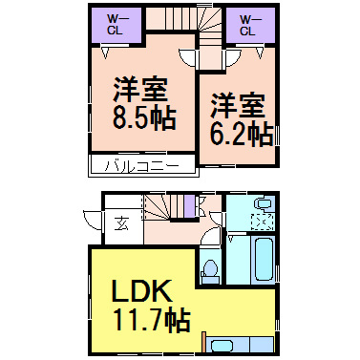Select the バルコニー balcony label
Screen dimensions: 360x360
142,165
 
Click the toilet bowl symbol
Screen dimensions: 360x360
210,270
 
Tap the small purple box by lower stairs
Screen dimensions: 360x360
189,204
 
